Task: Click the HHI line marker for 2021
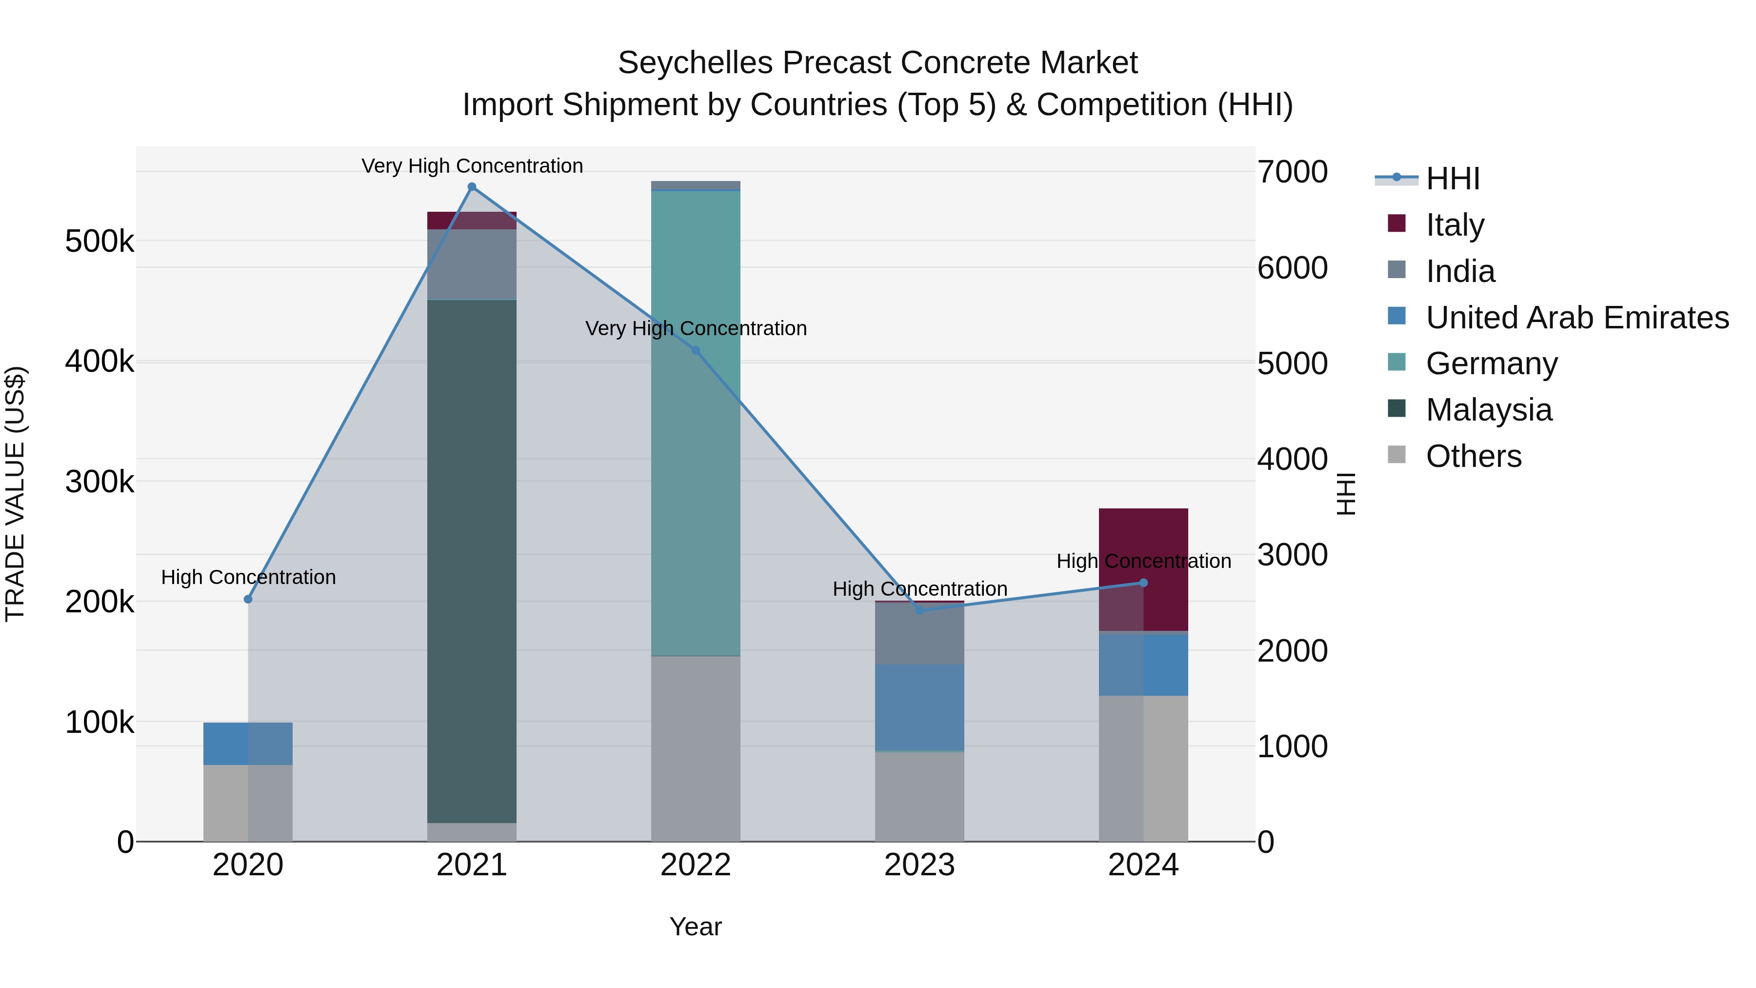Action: pyautogui.click(x=472, y=187)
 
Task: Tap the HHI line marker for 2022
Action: pyautogui.click(x=695, y=350)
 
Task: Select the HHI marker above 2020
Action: pyautogui.click(x=248, y=599)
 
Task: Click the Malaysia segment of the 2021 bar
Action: pyautogui.click(x=472, y=559)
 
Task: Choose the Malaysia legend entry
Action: pyautogui.click(x=1488, y=410)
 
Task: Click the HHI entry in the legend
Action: pyautogui.click(x=1452, y=179)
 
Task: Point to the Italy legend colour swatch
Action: pyautogui.click(x=1396, y=223)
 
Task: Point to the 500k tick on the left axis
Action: pyautogui.click(x=100, y=242)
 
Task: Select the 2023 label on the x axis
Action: pyautogui.click(x=919, y=865)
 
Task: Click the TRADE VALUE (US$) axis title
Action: pyautogui.click(x=15, y=494)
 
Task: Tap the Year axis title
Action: pyautogui.click(x=695, y=927)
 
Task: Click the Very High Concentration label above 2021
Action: pyautogui.click(x=472, y=166)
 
